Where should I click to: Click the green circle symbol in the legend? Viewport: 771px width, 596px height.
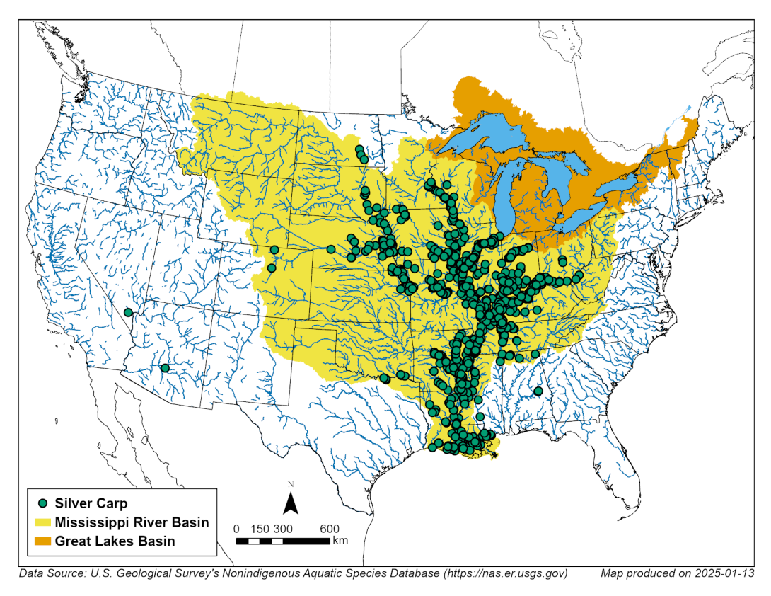(43, 503)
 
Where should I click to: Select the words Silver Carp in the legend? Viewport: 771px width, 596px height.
(91, 503)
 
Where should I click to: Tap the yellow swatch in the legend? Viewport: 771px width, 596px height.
(43, 522)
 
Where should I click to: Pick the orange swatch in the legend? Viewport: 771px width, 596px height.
(43, 541)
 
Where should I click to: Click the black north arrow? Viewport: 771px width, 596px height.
(290, 503)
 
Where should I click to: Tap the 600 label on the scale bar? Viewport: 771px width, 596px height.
(330, 529)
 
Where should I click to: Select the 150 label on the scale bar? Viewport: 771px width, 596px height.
(260, 529)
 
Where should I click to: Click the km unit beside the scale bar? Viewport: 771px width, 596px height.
(340, 541)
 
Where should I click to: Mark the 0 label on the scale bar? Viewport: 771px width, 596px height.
(236, 529)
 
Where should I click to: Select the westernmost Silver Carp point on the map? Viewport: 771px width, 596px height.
(128, 312)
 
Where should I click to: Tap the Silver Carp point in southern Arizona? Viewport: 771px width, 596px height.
(165, 368)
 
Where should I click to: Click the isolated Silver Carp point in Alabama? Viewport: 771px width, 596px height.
(538, 391)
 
